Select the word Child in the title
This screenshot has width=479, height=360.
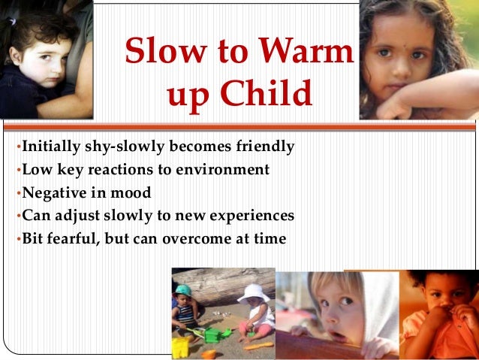(269, 95)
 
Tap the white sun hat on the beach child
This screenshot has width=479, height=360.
(254, 292)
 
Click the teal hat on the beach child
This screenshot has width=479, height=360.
(183, 290)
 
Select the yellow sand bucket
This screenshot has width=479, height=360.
(181, 346)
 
